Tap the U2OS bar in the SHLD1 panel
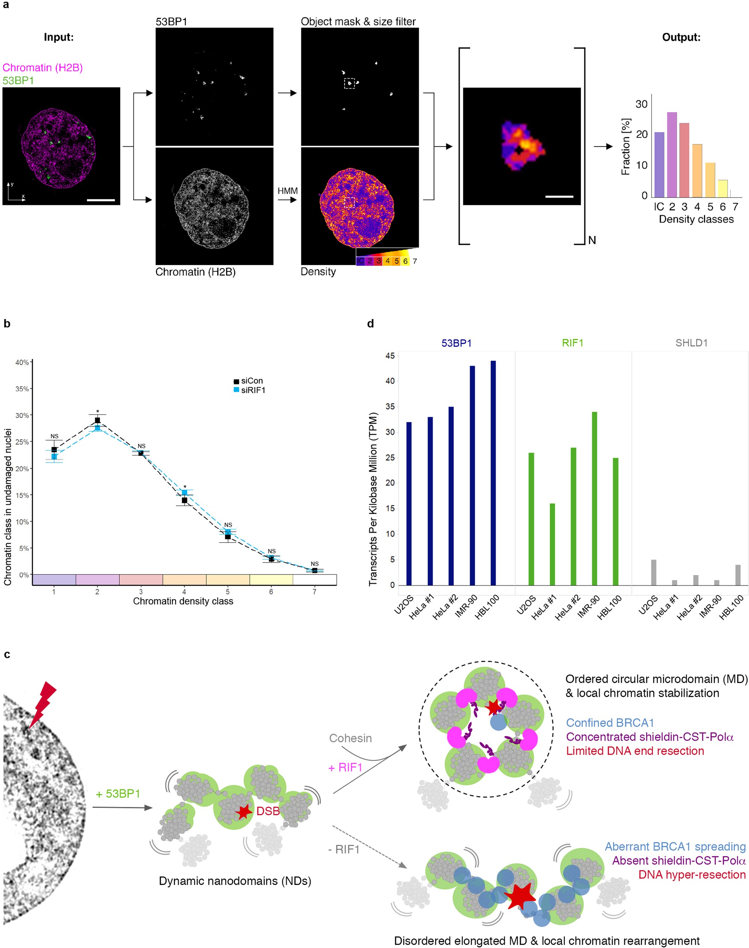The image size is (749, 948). pos(653,572)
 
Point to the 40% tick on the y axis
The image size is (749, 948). pos(22,362)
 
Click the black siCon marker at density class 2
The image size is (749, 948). pos(97,420)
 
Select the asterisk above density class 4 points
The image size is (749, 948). pos(185,487)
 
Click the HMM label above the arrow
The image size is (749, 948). pos(287,191)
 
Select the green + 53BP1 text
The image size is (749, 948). pos(118,794)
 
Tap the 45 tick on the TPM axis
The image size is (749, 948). pos(390,356)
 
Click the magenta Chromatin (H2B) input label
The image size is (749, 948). pos(42,68)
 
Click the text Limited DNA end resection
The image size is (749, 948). pos(635,751)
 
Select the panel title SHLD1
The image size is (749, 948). pos(691,343)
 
